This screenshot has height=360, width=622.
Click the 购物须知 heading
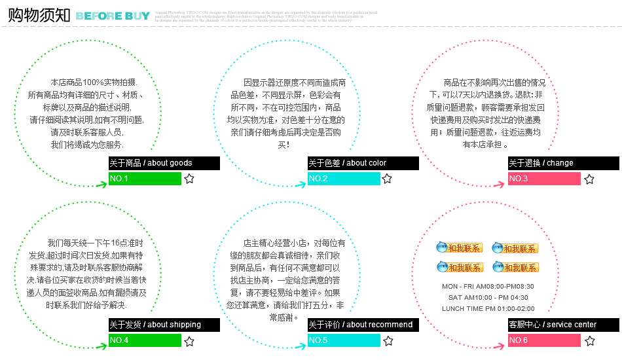pyautogui.click(x=38, y=16)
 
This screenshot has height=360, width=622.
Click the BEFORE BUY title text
pyautogui.click(x=113, y=16)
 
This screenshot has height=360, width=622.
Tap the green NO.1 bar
pyautogui.click(x=145, y=179)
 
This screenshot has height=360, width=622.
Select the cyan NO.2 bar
pyautogui.click(x=344, y=179)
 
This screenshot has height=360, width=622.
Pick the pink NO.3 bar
pyautogui.click(x=544, y=179)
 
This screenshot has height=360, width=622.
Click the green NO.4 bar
pyautogui.click(x=145, y=340)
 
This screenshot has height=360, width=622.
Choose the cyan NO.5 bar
pyautogui.click(x=344, y=340)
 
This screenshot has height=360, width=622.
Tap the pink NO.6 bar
pyautogui.click(x=544, y=340)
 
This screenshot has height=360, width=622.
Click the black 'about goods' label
pyautogui.click(x=164, y=163)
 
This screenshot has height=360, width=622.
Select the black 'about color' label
pyautogui.click(x=363, y=163)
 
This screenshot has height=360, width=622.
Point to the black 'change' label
pyautogui.click(x=562, y=163)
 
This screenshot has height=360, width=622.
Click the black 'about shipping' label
pyautogui.click(x=164, y=325)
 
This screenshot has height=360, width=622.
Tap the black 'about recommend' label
pyautogui.click(x=363, y=325)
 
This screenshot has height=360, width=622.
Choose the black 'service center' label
pyautogui.click(x=562, y=325)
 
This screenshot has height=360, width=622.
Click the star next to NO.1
pyautogui.click(x=189, y=179)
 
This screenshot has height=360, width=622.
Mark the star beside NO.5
pyautogui.click(x=388, y=341)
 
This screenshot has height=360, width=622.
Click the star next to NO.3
pyautogui.click(x=589, y=179)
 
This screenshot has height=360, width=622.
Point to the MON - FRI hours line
pyautogui.click(x=488, y=287)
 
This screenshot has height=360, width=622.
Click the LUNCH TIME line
pyautogui.click(x=488, y=309)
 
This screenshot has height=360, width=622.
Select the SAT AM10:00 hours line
pyautogui.click(x=488, y=298)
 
